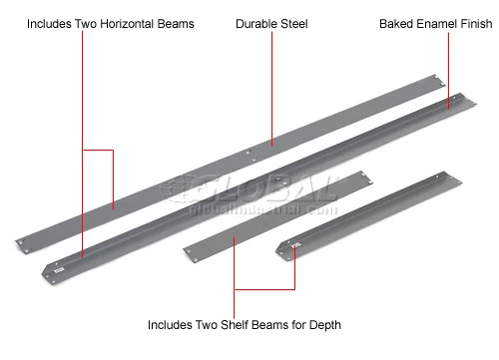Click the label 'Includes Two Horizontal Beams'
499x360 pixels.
tap(111, 22)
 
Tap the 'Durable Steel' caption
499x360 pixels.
tap(270, 22)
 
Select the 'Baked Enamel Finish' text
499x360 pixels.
tap(434, 22)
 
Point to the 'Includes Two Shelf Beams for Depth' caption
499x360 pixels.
tap(245, 324)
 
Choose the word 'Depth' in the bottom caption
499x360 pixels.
tap(324, 324)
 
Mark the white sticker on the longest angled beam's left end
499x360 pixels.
tap(58, 267)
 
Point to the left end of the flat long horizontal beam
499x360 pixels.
tap(22, 241)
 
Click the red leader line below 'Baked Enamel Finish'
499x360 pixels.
tap(447, 65)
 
